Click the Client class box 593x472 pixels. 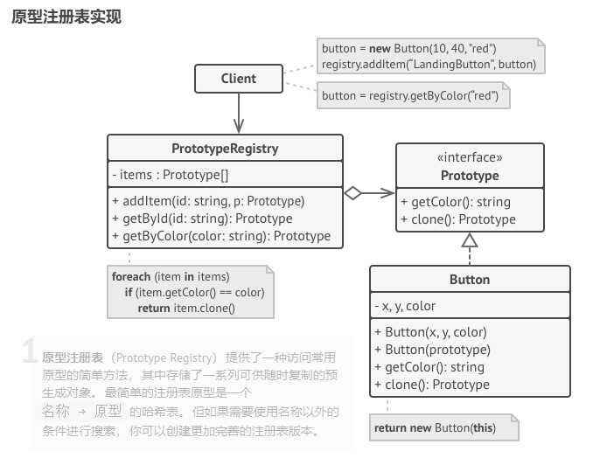(x=238, y=79)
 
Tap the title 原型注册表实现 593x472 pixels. (x=66, y=17)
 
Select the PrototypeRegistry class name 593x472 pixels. (x=225, y=149)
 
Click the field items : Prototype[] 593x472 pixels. (x=171, y=175)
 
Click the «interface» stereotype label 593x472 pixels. (x=470, y=158)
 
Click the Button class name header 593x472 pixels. (x=470, y=280)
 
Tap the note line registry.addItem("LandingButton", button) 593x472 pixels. (x=429, y=65)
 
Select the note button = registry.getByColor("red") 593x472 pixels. (x=410, y=95)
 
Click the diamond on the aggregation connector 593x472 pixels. (x=352, y=193)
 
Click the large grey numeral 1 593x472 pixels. (x=30, y=352)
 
